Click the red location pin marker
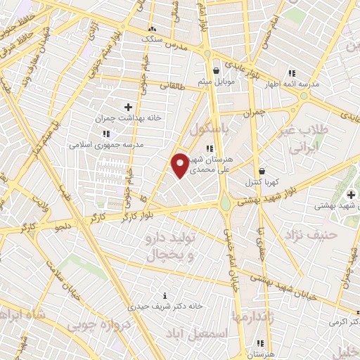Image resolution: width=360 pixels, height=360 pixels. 180,165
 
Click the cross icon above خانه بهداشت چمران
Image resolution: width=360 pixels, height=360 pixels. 128,107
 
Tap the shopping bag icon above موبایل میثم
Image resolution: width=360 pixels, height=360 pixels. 215,71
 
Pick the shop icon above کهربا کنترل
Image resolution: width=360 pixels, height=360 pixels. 262,171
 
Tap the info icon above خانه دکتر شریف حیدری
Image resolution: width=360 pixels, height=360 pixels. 165,295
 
